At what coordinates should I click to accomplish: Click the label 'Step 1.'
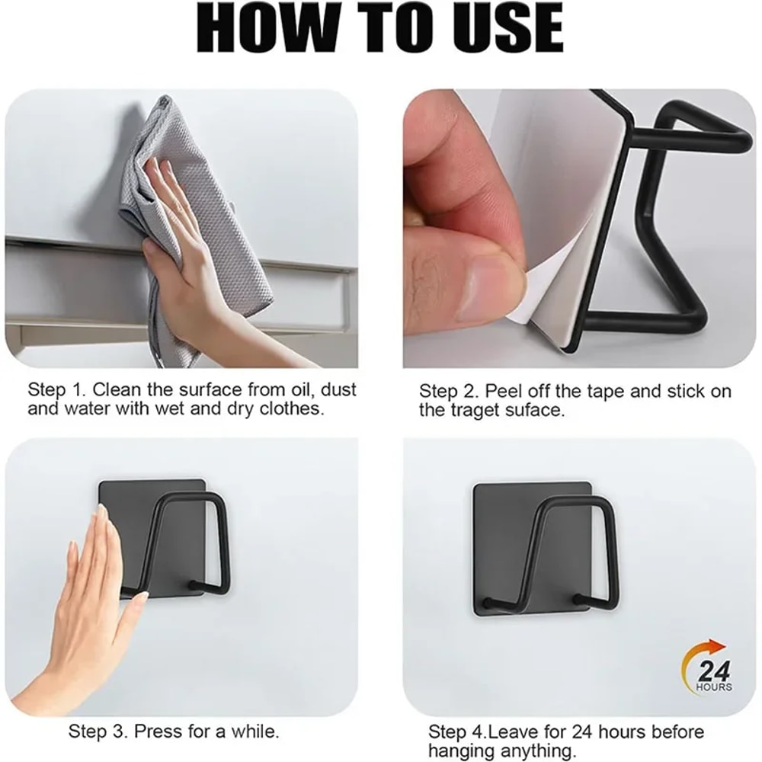[x=57, y=390]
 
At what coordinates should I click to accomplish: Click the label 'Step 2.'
[x=450, y=392]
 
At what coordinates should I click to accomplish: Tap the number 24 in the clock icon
[x=714, y=672]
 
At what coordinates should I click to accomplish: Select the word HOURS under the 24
[x=714, y=687]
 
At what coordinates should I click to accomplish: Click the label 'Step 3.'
[x=98, y=732]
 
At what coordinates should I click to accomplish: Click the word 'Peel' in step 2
[x=503, y=392]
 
